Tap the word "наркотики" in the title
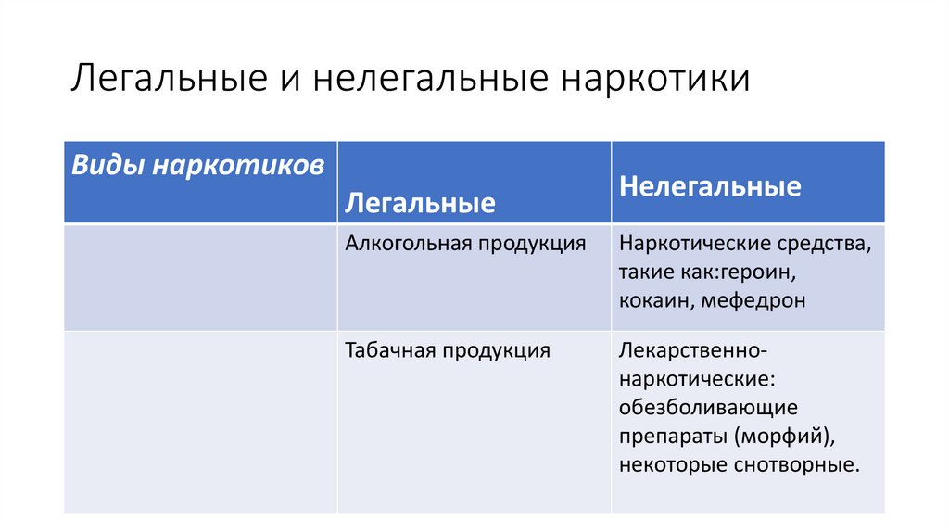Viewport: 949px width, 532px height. point(652,79)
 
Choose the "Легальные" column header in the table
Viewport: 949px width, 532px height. point(420,203)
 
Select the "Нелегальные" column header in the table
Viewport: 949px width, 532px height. point(711,186)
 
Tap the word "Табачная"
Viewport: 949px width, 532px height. point(390,350)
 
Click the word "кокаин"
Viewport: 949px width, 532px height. point(656,300)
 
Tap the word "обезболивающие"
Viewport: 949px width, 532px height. point(709,408)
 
